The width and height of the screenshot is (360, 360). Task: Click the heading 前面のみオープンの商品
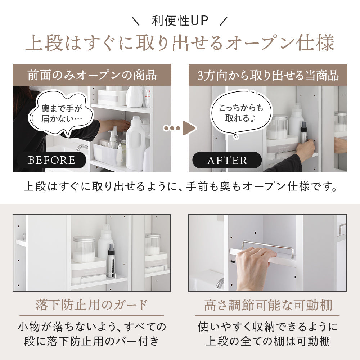(x=92, y=75)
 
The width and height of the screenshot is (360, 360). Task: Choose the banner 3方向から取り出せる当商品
(x=268, y=75)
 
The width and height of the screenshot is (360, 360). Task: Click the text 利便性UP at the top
(x=180, y=21)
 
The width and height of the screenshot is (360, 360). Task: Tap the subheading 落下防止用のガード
(x=92, y=305)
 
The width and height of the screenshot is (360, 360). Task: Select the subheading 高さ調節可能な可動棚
(x=268, y=305)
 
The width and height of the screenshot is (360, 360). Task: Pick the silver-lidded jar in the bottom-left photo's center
(x=84, y=249)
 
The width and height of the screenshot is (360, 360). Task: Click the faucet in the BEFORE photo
(x=82, y=148)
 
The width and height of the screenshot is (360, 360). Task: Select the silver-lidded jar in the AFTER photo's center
(x=278, y=127)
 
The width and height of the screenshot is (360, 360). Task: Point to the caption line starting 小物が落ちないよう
(x=92, y=327)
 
